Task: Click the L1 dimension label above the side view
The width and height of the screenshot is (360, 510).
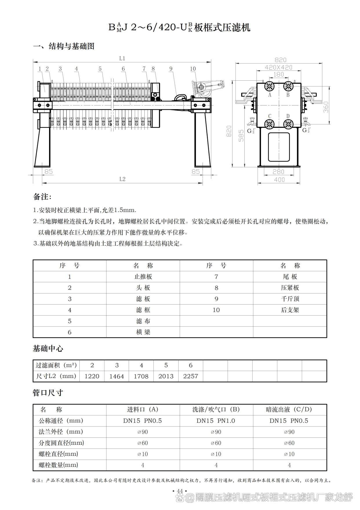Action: (122, 59)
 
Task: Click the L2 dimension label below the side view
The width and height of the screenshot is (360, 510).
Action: (122, 179)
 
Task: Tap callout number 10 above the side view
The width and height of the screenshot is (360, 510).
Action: (193, 69)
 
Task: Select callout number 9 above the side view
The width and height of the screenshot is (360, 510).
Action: (171, 69)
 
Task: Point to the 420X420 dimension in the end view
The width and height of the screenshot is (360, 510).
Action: (279, 67)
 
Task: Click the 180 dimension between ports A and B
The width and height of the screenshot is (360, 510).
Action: (279, 74)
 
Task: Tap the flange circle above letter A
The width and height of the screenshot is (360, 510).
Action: (270, 86)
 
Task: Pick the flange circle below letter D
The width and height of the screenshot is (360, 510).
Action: (288, 124)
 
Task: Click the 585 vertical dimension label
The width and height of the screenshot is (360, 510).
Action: (241, 135)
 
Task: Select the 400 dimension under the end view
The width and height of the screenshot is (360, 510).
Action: (279, 180)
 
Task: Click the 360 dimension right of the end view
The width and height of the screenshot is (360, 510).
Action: (326, 107)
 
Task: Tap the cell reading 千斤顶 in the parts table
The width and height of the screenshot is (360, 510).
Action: (290, 299)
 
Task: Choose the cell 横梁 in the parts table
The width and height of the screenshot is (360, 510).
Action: (143, 332)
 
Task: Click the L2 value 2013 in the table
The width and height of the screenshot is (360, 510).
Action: (166, 376)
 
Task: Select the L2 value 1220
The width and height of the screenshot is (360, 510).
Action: (92, 376)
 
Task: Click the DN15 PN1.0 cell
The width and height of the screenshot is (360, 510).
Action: (216, 421)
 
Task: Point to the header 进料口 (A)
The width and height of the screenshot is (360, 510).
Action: (143, 409)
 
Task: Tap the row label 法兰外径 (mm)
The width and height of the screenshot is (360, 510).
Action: (61, 432)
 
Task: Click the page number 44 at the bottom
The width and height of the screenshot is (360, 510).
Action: (180, 491)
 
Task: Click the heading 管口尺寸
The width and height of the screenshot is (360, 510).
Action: (48, 393)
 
